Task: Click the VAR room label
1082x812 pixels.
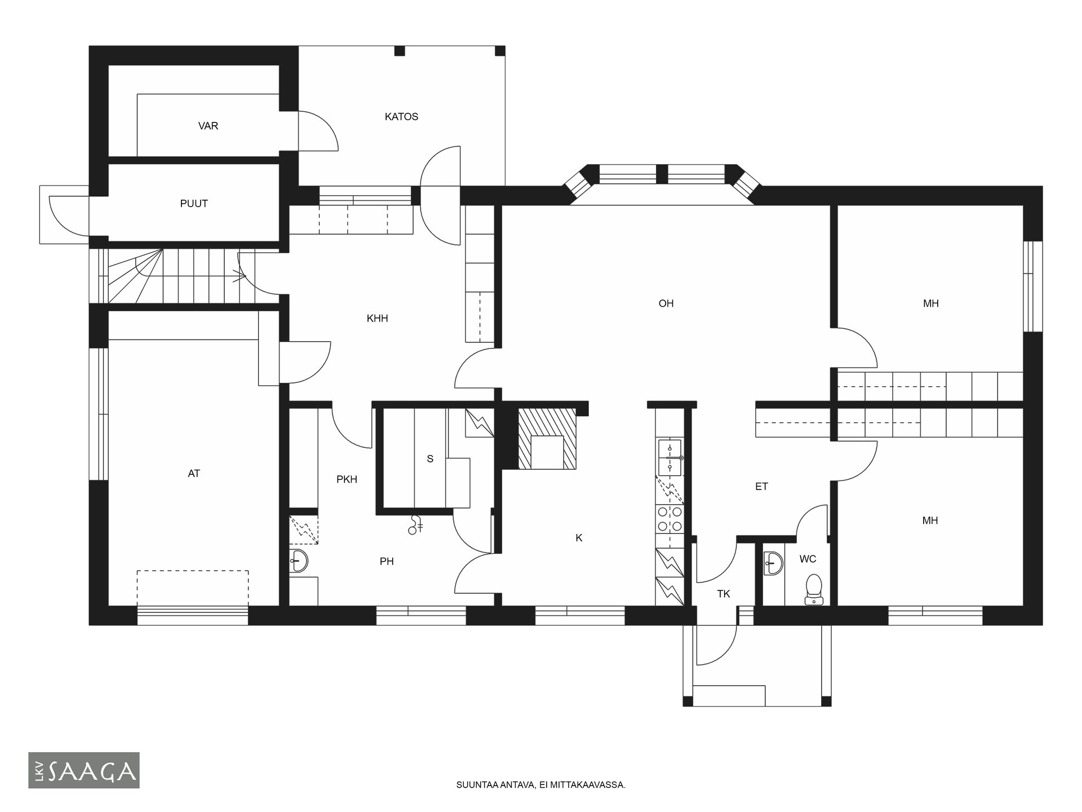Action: [208, 126]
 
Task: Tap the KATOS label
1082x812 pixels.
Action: [401, 117]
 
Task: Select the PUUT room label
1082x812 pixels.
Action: [194, 204]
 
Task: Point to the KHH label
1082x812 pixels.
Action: [377, 319]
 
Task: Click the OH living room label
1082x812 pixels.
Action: [666, 303]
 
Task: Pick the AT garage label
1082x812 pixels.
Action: [194, 474]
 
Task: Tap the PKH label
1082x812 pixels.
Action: [347, 479]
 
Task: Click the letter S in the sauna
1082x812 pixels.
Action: [430, 459]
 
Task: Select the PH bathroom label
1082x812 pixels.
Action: [387, 561]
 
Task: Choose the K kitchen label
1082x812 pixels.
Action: [579, 538]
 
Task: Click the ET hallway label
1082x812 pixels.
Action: [761, 487]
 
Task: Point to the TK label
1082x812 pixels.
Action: [724, 594]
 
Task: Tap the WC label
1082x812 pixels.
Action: [808, 559]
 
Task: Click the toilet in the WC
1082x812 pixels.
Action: [814, 590]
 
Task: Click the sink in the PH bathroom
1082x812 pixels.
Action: [299, 561]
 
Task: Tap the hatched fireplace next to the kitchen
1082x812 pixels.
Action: [547, 439]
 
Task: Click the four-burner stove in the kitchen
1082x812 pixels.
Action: [669, 519]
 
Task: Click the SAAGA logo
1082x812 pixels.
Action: [84, 770]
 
